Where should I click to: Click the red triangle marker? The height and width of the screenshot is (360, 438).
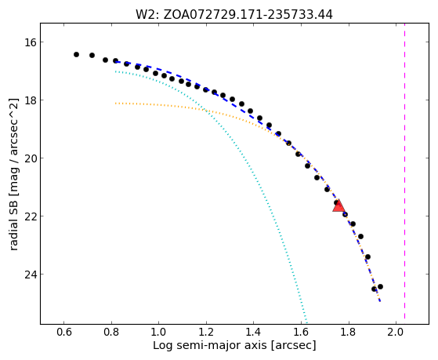338,206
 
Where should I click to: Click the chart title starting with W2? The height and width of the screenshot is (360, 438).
234,15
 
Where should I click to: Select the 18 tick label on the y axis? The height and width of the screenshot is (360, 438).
31,100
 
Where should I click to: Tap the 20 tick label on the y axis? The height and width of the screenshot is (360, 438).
31,158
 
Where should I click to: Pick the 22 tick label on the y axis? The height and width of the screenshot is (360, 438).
31,216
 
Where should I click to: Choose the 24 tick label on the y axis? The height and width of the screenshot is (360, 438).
31,275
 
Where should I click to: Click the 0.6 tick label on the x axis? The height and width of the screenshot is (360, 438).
64,333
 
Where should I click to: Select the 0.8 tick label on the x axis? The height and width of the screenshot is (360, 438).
111,333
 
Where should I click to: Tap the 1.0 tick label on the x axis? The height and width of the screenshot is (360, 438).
158,333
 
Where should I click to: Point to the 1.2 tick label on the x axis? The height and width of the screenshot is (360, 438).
206,333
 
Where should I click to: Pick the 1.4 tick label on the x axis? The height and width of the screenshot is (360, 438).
254,333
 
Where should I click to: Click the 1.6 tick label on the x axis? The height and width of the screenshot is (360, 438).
301,333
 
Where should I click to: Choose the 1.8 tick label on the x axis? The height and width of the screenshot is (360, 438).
349,333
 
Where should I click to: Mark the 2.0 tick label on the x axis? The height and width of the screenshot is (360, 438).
396,333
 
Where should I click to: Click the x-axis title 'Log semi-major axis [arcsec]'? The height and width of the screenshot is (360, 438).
234,345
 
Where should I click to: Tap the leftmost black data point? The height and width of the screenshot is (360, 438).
76,55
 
